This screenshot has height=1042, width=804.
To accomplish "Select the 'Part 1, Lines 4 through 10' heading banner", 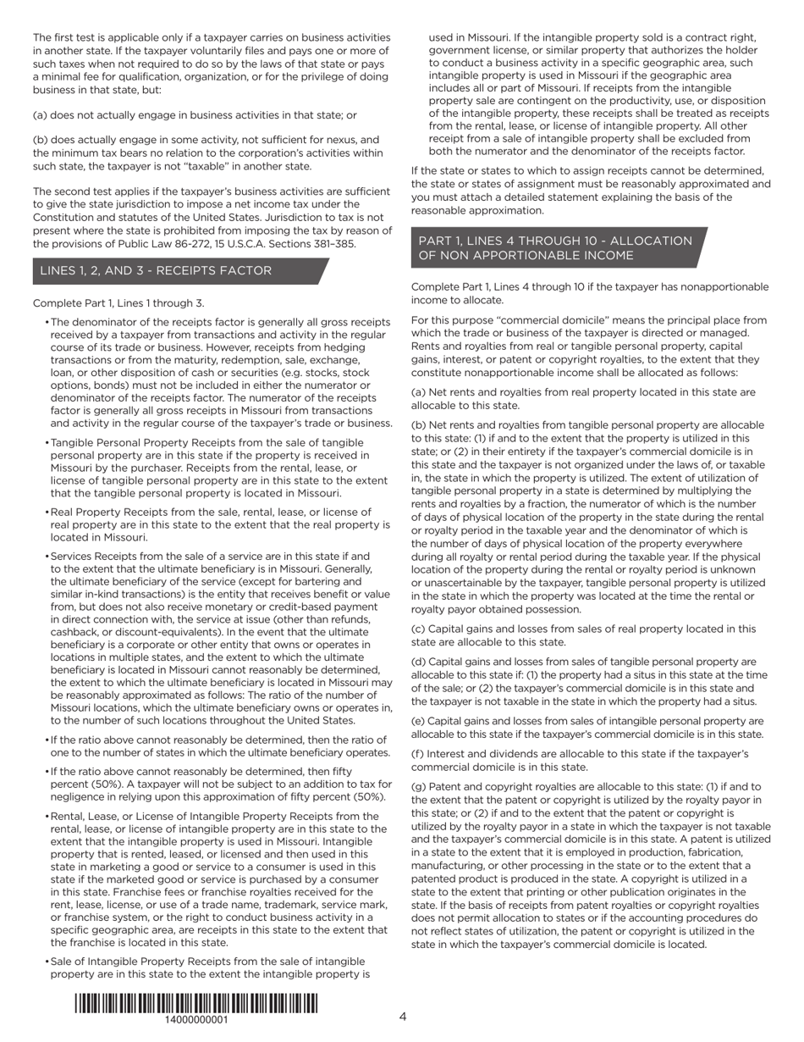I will coord(554,248).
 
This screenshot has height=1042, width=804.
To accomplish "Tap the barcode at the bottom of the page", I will coord(195,1003).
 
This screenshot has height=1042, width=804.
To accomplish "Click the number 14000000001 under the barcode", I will coord(195,1020).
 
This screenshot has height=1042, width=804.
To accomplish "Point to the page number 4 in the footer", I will coord(403,1017).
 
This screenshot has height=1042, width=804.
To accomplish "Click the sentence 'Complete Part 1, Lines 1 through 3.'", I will coord(118,303).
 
